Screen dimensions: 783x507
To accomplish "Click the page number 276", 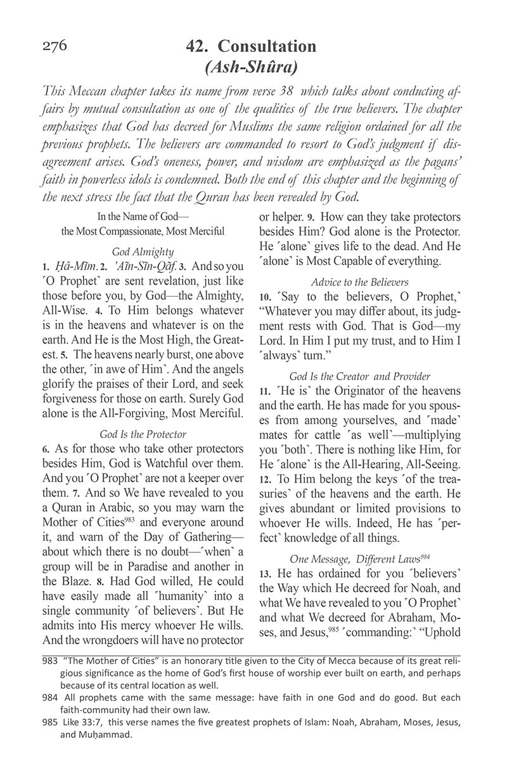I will click(x=55, y=46).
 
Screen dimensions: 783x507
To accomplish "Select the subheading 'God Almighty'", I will click(x=143, y=251).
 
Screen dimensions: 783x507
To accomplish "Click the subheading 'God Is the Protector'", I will click(x=143, y=434).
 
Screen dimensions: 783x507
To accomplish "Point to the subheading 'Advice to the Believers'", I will click(x=359, y=281).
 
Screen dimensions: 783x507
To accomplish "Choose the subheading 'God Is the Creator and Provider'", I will click(x=359, y=376).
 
